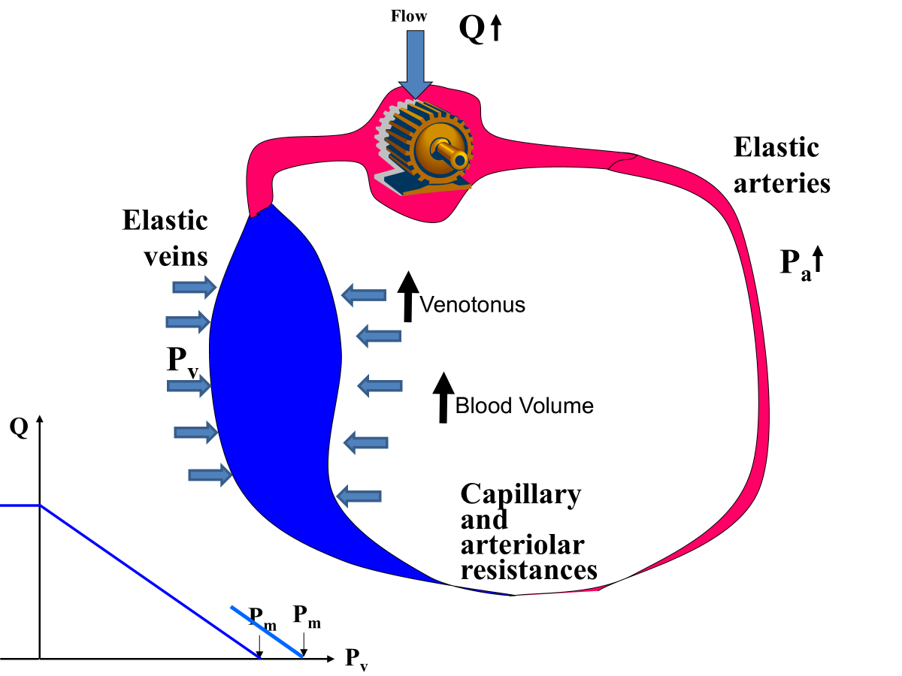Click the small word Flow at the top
pyautogui.click(x=409, y=15)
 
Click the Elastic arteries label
pyautogui.click(x=782, y=165)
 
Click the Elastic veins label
pyautogui.click(x=165, y=238)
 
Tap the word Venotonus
pyautogui.click(x=472, y=306)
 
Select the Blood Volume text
pyautogui.click(x=525, y=406)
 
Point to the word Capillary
pyautogui.click(x=520, y=494)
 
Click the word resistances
pyautogui.click(x=528, y=569)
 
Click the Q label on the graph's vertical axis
pyautogui.click(x=19, y=428)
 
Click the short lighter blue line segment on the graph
pyautogui.click(x=267, y=632)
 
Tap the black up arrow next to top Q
pyautogui.click(x=495, y=30)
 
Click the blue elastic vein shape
pyautogui.click(x=274, y=376)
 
